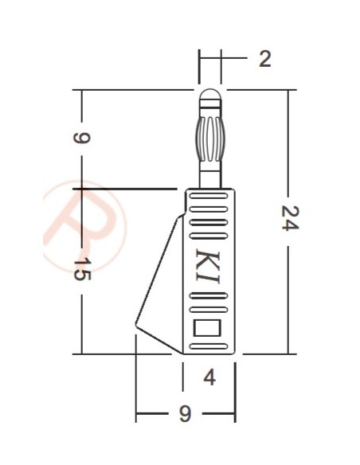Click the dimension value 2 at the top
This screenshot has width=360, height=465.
point(264,59)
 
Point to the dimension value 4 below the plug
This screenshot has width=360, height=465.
point(209,377)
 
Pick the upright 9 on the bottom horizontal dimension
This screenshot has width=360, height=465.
point(184,415)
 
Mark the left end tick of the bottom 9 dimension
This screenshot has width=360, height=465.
point(136,415)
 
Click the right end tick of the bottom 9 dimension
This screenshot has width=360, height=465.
point(235,415)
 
